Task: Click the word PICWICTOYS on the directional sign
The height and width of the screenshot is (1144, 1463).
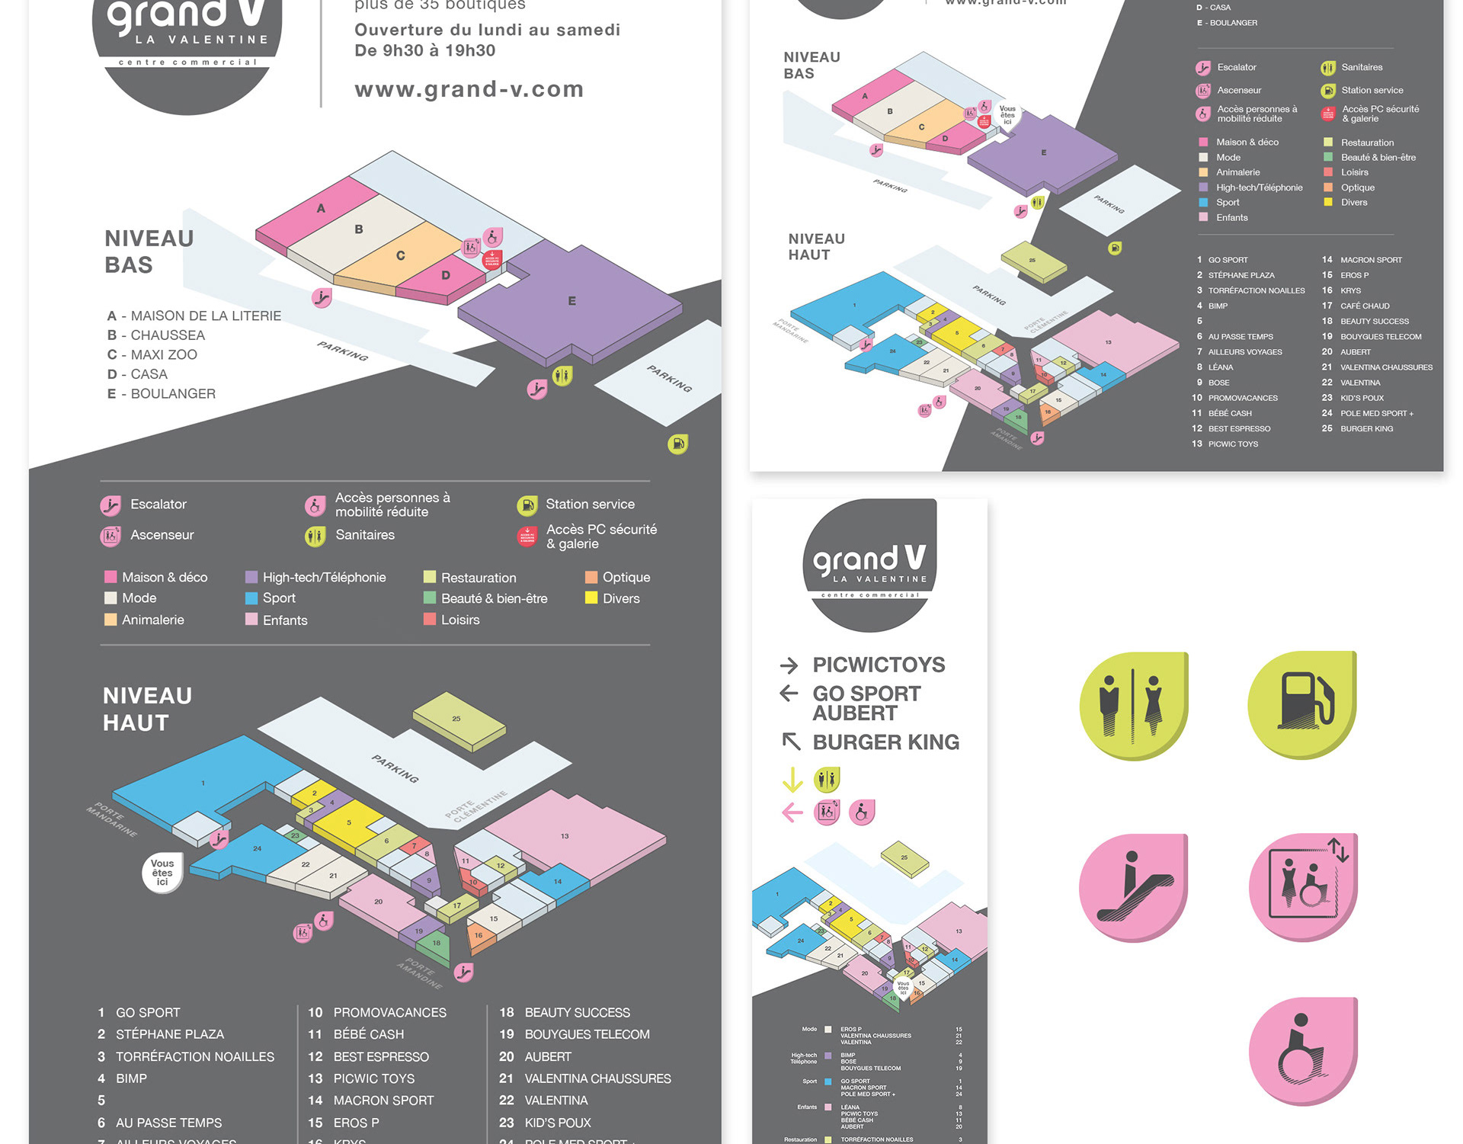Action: [x=879, y=665]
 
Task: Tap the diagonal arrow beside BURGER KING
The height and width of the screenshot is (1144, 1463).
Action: [x=791, y=741]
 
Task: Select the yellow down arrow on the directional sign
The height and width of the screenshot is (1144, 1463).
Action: [x=792, y=780]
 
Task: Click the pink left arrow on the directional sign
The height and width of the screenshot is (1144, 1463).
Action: [x=792, y=812]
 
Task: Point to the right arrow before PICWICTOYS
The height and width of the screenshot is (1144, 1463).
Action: [x=789, y=665]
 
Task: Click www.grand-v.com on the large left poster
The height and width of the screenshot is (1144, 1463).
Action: [x=469, y=89]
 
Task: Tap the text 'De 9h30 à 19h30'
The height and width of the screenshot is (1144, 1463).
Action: [x=424, y=51]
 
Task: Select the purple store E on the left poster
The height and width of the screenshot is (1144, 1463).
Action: [x=571, y=301]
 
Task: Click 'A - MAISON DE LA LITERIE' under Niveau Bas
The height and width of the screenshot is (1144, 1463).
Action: [x=194, y=316]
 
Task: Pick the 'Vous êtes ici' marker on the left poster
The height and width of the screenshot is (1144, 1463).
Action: [x=162, y=873]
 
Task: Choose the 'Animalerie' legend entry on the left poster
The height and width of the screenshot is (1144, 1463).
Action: [x=152, y=620]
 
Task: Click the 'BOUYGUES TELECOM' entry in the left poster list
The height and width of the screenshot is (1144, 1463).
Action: [x=587, y=1034]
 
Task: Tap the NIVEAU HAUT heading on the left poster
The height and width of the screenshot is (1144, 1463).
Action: [x=147, y=709]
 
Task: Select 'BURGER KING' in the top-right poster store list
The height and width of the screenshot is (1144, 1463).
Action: [x=1366, y=428]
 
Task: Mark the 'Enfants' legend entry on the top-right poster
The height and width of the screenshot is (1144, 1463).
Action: [x=1231, y=217]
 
